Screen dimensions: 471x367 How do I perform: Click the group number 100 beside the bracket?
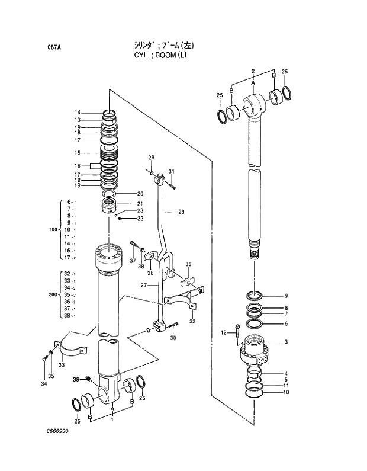52,229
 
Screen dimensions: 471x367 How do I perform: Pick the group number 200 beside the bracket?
52,294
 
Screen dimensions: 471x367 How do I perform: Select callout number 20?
140,194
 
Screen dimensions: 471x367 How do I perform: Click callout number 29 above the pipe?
151,157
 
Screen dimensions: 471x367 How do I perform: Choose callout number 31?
171,172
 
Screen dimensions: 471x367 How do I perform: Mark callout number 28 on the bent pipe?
181,212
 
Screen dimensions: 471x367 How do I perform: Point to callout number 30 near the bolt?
173,338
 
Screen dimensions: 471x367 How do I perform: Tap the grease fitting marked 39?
88,379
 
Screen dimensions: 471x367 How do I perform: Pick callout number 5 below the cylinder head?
286,379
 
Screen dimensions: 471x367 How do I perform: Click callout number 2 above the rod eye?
253,72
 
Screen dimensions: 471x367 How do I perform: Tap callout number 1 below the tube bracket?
112,419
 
